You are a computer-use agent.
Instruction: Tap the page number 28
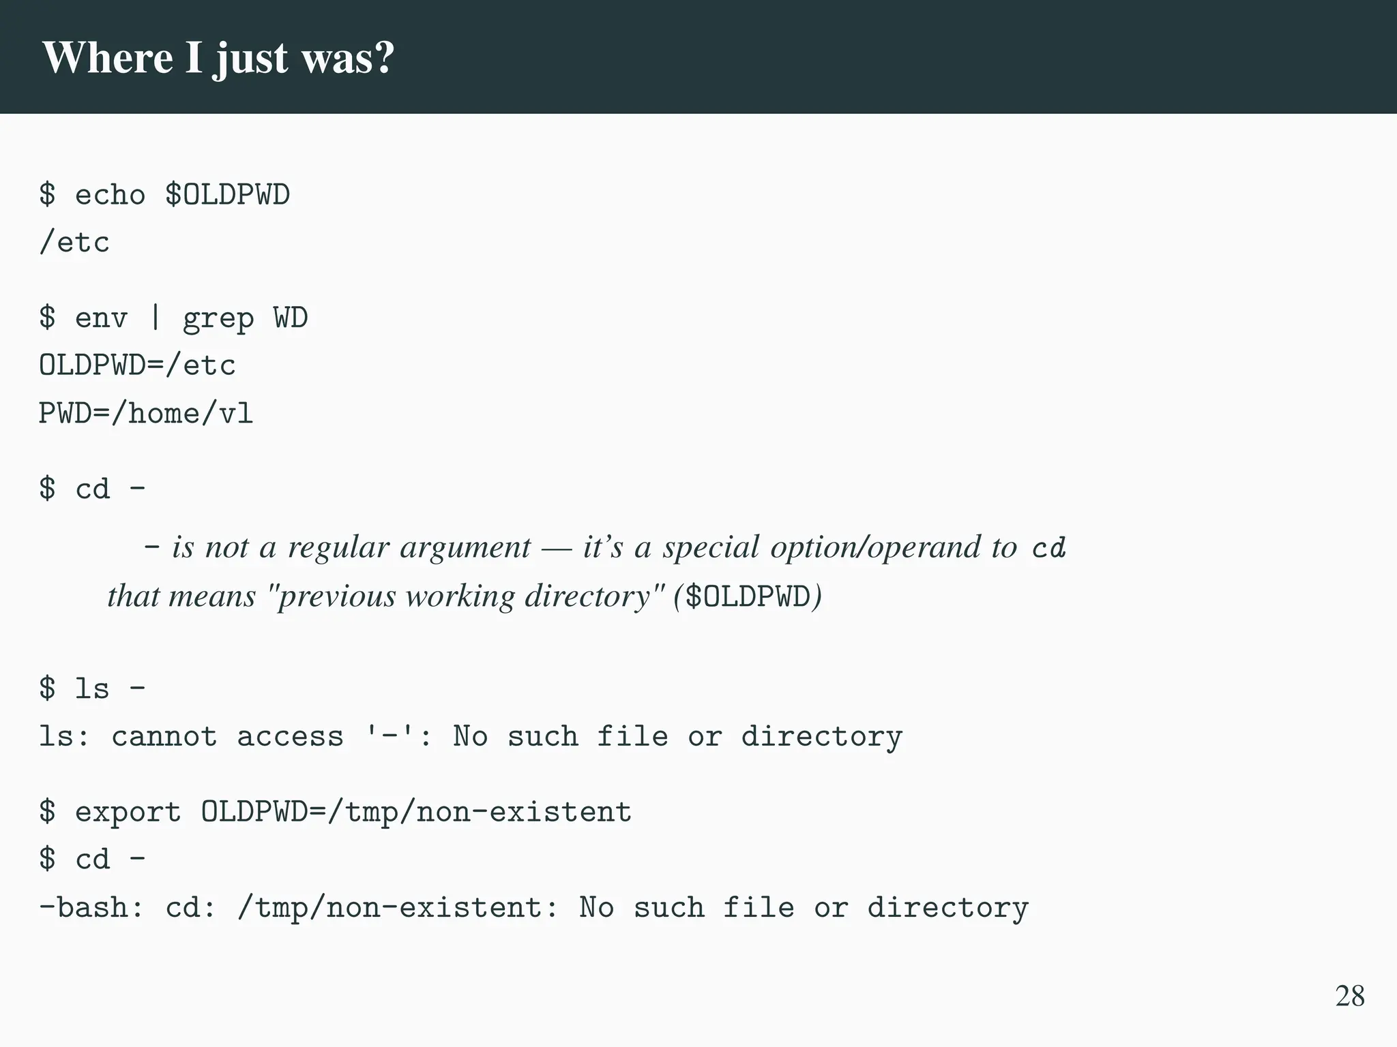1350,996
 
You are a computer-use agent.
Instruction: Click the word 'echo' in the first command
110,195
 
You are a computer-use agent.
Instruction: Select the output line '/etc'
74,243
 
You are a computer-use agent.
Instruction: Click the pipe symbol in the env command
155,318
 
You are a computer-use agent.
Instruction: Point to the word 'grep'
218,319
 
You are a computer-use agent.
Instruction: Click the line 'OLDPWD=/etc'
137,366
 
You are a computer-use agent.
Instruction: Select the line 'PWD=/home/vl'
146,414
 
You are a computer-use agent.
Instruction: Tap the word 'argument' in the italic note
465,547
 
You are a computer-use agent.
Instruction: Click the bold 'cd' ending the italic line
1048,548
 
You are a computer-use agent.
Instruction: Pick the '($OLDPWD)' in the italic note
748,596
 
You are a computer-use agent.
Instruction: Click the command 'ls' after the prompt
92,688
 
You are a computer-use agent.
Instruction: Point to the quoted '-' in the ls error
389,736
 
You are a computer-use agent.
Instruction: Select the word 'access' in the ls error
290,737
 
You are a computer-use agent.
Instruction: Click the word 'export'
128,812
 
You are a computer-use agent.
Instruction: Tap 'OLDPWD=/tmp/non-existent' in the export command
416,812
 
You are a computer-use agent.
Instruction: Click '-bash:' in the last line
91,908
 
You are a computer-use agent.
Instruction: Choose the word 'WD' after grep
291,318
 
